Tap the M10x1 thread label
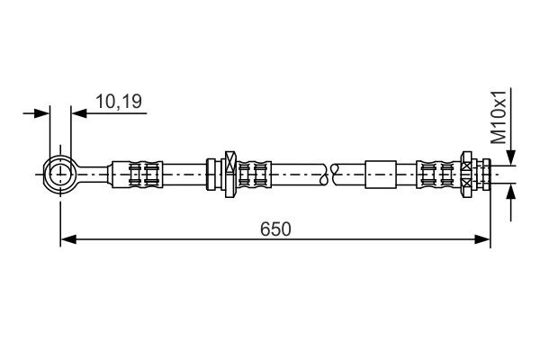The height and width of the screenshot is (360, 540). tap(499, 116)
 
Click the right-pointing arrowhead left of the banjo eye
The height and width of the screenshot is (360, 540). tap(42, 113)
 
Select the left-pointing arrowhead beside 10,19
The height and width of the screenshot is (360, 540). tap(77, 113)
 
